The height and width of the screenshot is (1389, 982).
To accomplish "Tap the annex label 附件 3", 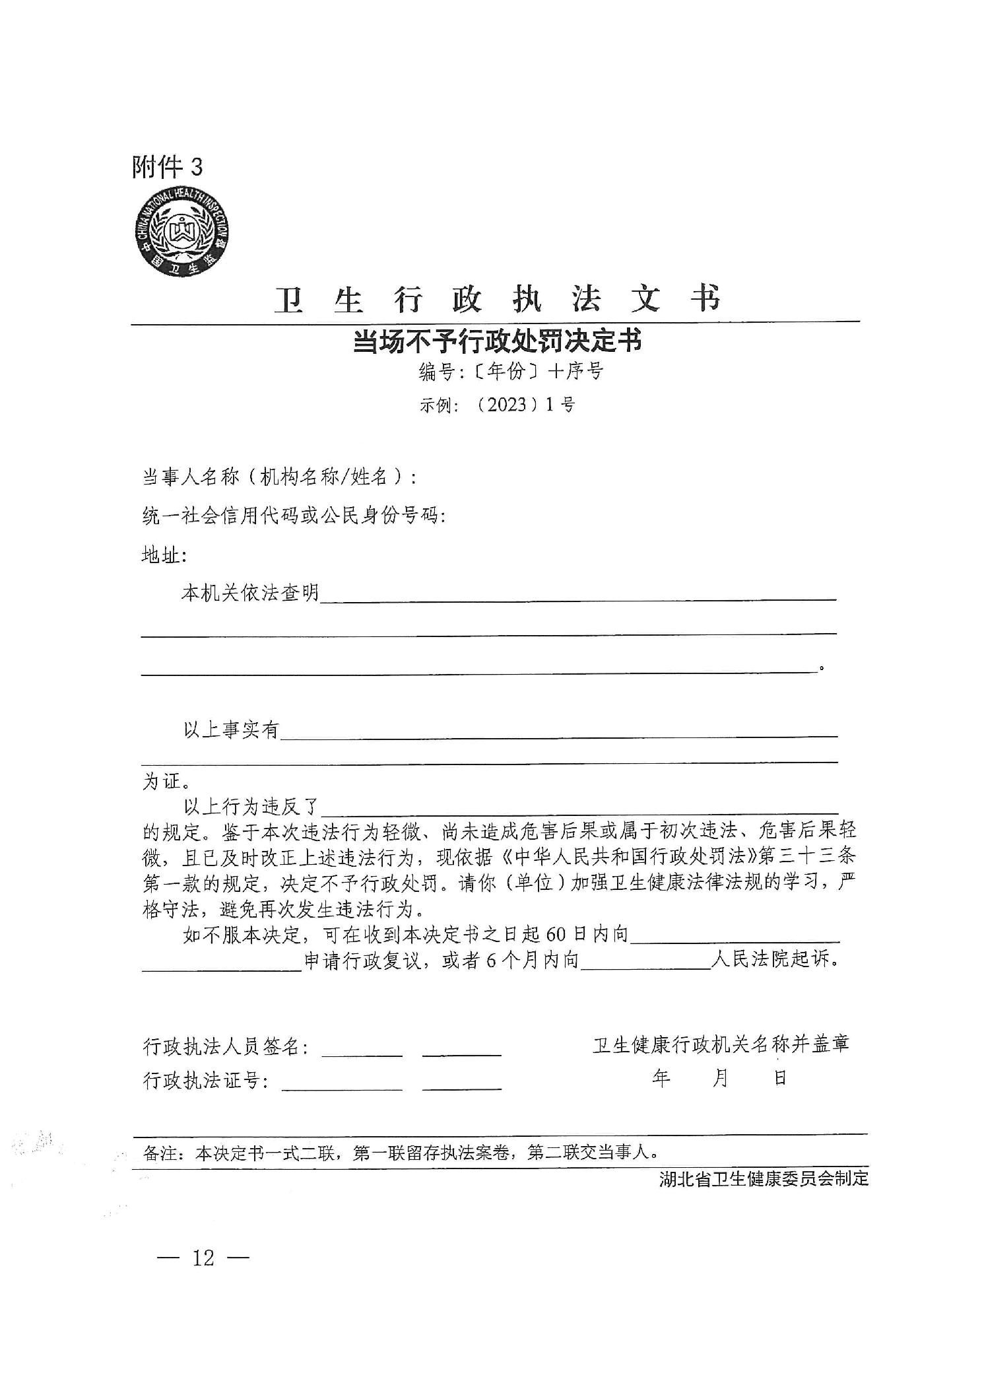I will point(168,167).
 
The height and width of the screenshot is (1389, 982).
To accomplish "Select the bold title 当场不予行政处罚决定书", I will point(498,342).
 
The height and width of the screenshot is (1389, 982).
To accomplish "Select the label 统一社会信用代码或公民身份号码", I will point(294,516).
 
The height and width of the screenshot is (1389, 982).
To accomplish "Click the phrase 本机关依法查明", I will point(250,593).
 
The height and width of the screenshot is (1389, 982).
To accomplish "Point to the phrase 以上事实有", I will point(232,729).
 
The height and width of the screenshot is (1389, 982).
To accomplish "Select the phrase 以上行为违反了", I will point(251,806).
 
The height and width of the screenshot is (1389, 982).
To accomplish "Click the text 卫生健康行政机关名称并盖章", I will point(721,1044).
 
